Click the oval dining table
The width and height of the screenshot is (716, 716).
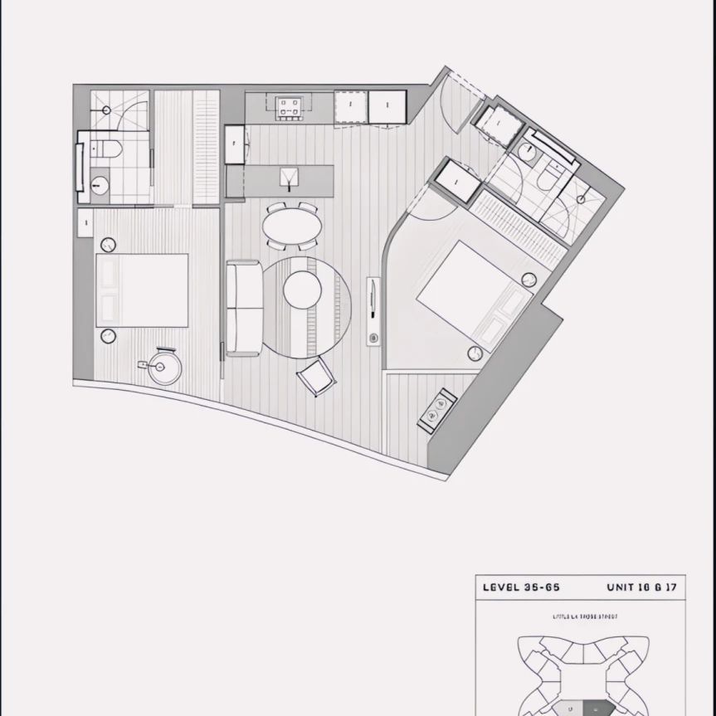coord(291,226)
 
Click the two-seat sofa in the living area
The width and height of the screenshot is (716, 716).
coord(244,308)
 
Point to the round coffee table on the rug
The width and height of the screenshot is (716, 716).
coord(302,290)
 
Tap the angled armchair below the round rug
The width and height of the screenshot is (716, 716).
coord(317,377)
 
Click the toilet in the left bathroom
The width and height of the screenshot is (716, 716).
coord(108,150)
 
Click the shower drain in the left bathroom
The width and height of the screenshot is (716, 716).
coord(107,109)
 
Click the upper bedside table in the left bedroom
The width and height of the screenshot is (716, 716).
coord(109,245)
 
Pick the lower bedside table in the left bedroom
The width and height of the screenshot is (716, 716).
coord(108,335)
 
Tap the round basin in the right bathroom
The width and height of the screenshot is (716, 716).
coord(525,150)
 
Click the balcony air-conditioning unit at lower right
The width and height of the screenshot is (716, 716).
coord(436,408)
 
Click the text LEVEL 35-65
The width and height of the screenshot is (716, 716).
coord(521,587)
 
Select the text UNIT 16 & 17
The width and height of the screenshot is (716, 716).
coord(641,587)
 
